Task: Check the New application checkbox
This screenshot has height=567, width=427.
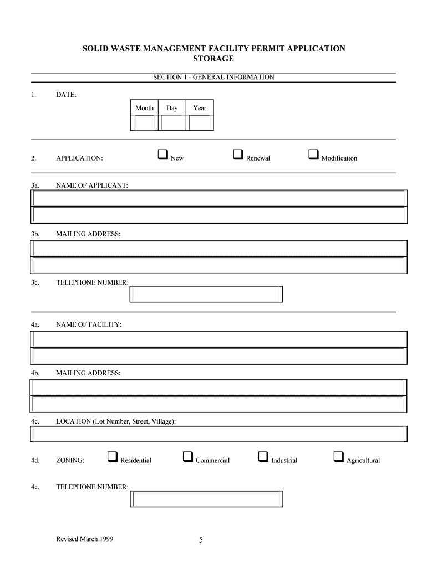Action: coord(163,154)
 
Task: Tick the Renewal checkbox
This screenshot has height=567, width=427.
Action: coord(238,154)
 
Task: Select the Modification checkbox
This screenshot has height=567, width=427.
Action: coord(313,154)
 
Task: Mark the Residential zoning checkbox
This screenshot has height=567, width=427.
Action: coord(112,457)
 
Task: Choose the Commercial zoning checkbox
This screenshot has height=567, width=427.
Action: coord(187,457)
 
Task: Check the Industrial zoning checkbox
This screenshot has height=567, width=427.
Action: coord(263,457)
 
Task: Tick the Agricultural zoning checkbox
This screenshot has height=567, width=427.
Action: coord(338,457)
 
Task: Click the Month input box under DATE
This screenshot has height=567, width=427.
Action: coord(144,122)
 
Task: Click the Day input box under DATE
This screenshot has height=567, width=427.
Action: coord(172,122)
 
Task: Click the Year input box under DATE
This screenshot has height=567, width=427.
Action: coord(200,122)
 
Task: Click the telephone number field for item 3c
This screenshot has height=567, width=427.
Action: coord(206,294)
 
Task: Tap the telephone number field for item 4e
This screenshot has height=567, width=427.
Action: coord(206,499)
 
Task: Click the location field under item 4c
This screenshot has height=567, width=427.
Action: coord(218,435)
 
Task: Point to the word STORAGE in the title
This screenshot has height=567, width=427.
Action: coord(213,59)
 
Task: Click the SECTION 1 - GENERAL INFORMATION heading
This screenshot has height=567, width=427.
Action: coord(213,78)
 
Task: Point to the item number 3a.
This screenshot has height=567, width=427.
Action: coord(35,185)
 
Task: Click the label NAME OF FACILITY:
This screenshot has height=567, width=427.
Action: coord(89,324)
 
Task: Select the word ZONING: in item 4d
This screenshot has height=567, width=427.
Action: coord(70,461)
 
